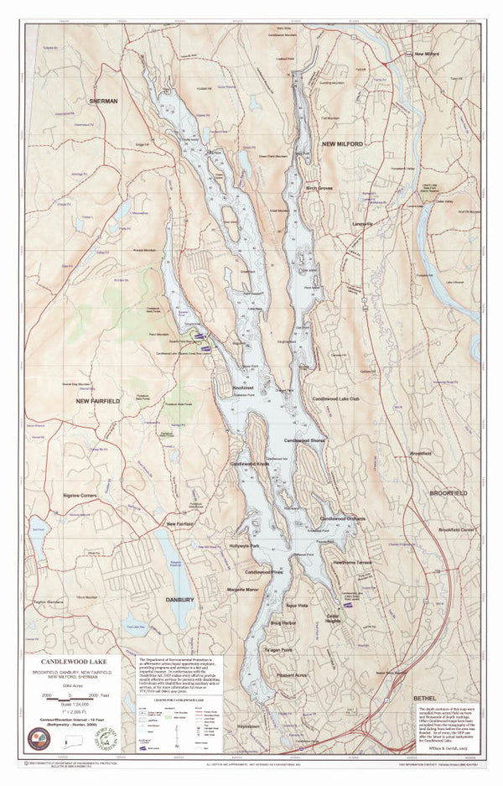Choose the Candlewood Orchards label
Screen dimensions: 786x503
click(x=344, y=518)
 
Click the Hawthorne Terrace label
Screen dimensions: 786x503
click(x=351, y=563)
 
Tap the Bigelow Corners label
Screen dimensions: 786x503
click(x=80, y=496)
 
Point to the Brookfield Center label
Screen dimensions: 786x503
click(x=456, y=530)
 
